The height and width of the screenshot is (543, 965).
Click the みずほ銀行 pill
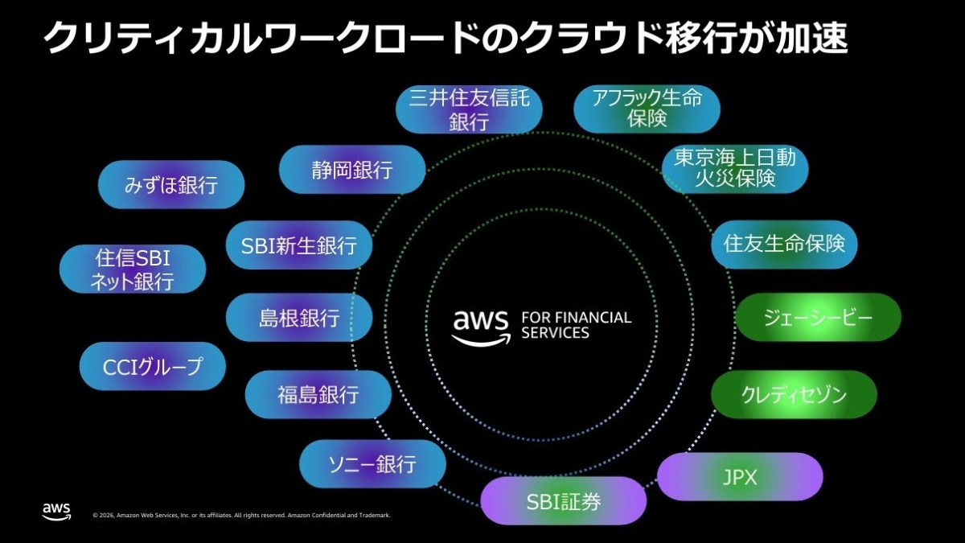point(170,185)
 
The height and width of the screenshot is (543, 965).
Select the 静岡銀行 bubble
point(351,170)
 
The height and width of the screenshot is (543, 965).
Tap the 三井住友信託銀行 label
point(469,110)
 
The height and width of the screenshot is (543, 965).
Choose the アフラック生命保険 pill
point(647,109)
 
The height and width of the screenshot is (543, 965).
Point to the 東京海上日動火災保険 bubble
point(734,168)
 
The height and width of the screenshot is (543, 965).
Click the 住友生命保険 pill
point(784,244)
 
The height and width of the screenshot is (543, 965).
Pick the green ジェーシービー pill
point(818,317)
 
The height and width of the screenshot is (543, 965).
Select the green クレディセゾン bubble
point(794,394)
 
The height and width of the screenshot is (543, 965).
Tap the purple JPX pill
point(741,477)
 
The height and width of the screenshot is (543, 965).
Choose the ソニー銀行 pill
point(372,464)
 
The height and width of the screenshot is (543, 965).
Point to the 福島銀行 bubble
point(318,394)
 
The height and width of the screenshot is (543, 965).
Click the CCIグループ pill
point(152,367)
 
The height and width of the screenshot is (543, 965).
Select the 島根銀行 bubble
point(299,318)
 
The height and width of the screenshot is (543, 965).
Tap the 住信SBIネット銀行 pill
point(133,269)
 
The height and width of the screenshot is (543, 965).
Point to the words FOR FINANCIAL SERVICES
point(576,325)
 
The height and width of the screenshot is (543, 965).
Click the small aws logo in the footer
point(56,512)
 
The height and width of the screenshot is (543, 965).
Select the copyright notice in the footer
point(241,516)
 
